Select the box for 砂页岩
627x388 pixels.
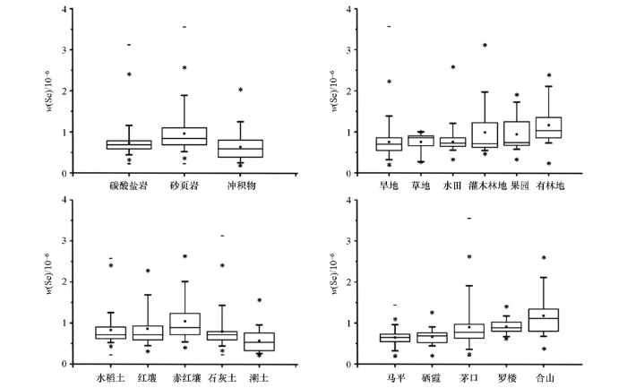pos(185,136)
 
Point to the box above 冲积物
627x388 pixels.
pos(241,149)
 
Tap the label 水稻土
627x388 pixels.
pos(110,378)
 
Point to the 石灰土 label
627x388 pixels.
pos(222,378)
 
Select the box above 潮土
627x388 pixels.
pos(259,341)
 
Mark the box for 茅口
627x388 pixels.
pos(468,331)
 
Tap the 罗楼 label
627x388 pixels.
pos(506,378)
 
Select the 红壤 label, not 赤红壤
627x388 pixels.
pos(148,378)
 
